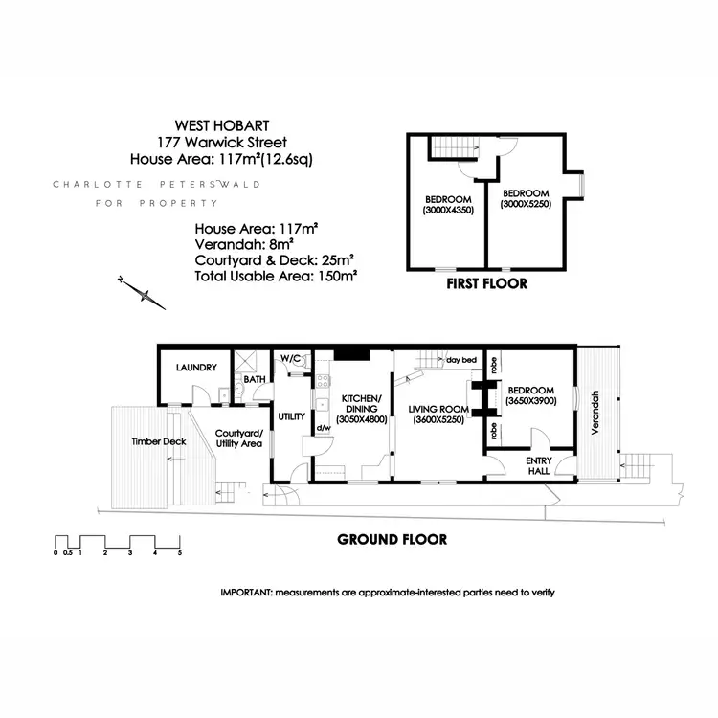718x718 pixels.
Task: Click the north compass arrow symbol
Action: coord(144,292)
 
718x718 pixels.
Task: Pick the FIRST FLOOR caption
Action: coord(487,284)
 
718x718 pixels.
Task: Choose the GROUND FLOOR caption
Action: coord(392,539)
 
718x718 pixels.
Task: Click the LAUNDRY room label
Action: coord(195,367)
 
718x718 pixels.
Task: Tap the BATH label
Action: coord(255,380)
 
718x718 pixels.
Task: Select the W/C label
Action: coord(291,358)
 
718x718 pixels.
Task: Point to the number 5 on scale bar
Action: coord(179,553)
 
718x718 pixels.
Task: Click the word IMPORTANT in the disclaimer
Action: coord(246,593)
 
